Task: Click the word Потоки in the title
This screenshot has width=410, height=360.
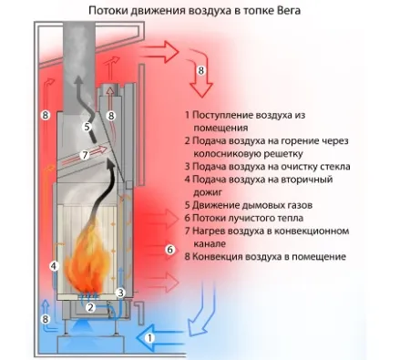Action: pyautogui.click(x=110, y=10)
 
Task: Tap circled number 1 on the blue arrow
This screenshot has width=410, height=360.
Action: pyautogui.click(x=151, y=337)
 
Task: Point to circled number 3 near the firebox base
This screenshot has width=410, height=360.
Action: pyautogui.click(x=120, y=293)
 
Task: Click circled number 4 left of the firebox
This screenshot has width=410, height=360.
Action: pyautogui.click(x=54, y=267)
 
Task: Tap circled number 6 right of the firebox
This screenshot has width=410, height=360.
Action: pyautogui.click(x=169, y=249)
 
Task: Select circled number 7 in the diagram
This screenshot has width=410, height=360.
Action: pyautogui.click(x=84, y=155)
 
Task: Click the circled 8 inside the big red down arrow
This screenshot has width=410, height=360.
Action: pyautogui.click(x=202, y=70)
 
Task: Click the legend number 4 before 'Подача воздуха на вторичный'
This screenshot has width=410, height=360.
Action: pyautogui.click(x=187, y=180)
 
